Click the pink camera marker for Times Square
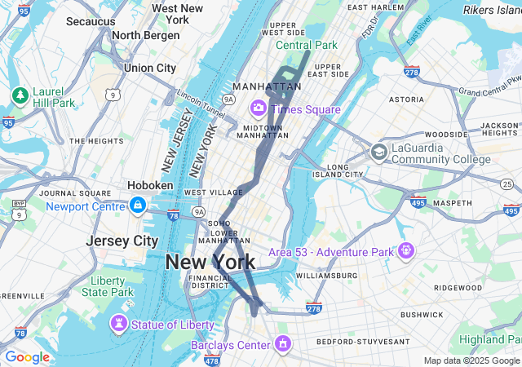click(x=259, y=108)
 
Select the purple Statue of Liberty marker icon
click(x=119, y=325)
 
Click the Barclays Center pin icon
click(x=282, y=344)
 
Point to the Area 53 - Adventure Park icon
click(x=405, y=250)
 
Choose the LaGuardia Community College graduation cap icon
click(x=378, y=153)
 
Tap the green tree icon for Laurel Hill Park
click(x=20, y=96)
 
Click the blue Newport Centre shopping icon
click(x=137, y=206)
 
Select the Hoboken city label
click(x=150, y=185)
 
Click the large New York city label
click(x=210, y=262)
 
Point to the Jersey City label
click(x=122, y=241)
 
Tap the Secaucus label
click(x=90, y=21)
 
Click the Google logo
click(x=27, y=357)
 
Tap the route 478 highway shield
click(x=211, y=360)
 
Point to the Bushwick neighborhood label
click(x=422, y=313)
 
